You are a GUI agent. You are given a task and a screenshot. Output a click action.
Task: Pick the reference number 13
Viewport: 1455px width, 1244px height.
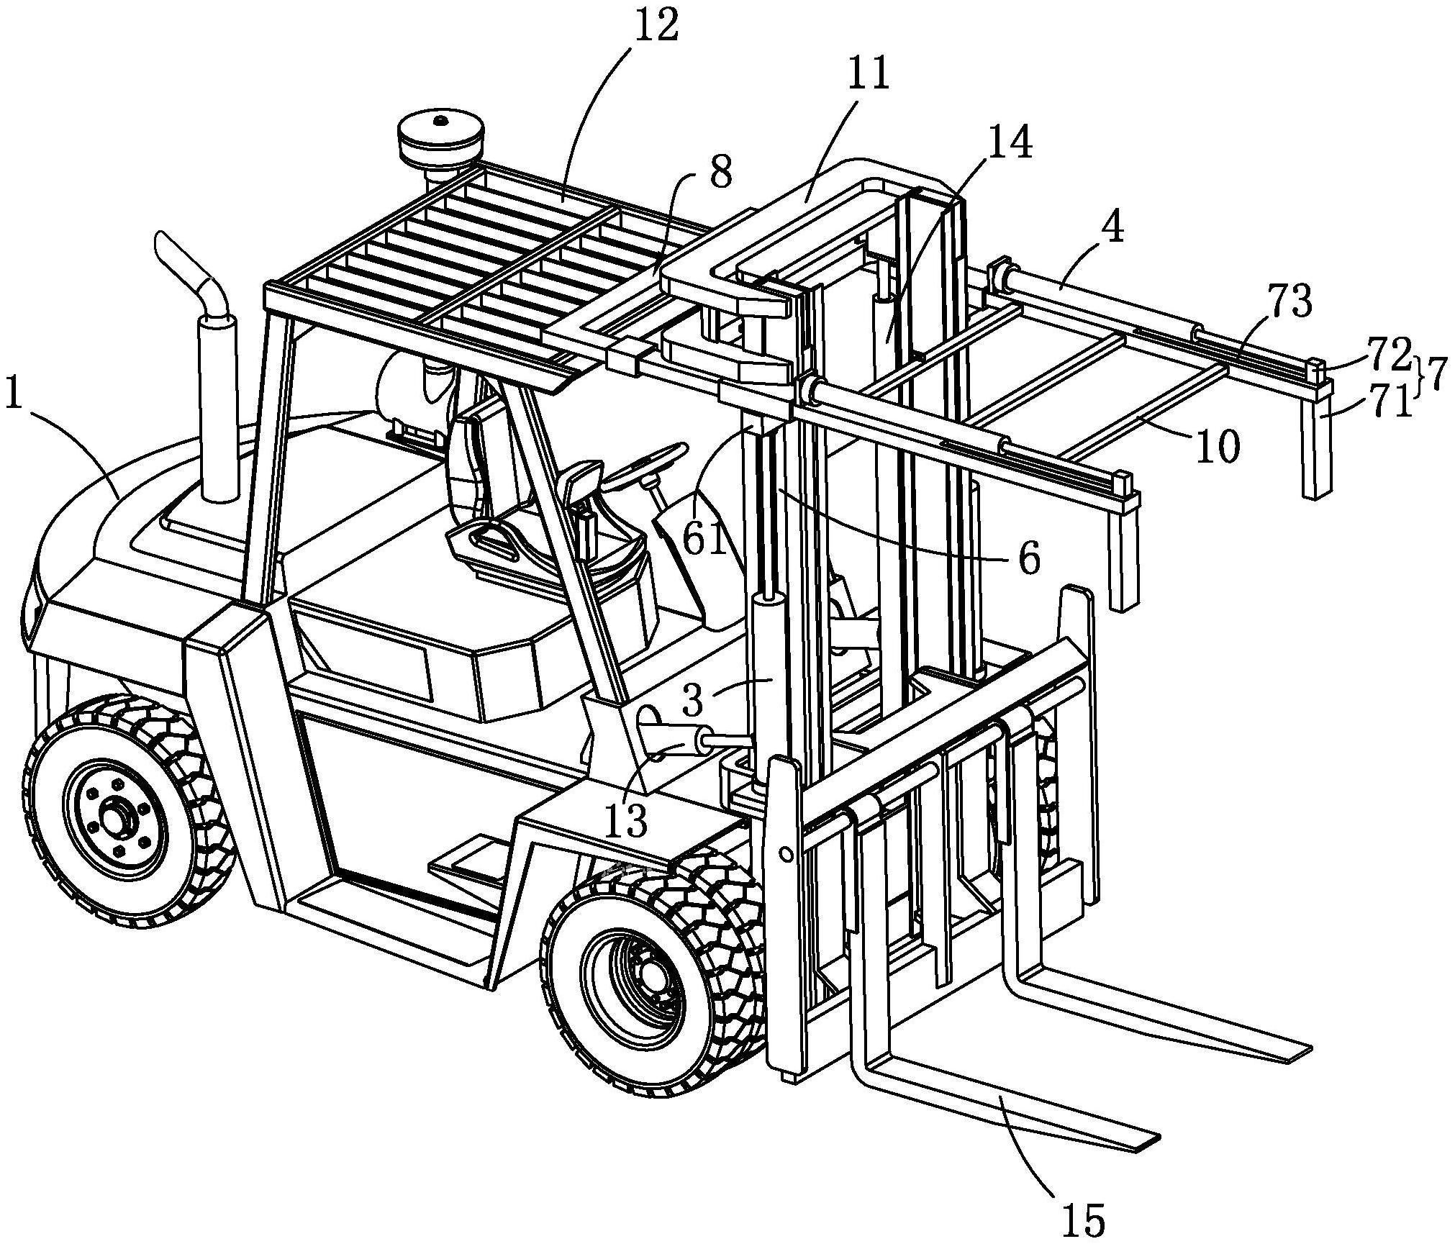coord(626,821)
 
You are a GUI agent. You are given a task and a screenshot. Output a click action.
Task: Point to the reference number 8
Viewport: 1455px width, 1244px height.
coord(720,173)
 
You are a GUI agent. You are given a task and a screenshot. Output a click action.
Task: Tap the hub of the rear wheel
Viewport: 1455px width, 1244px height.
coord(114,820)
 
